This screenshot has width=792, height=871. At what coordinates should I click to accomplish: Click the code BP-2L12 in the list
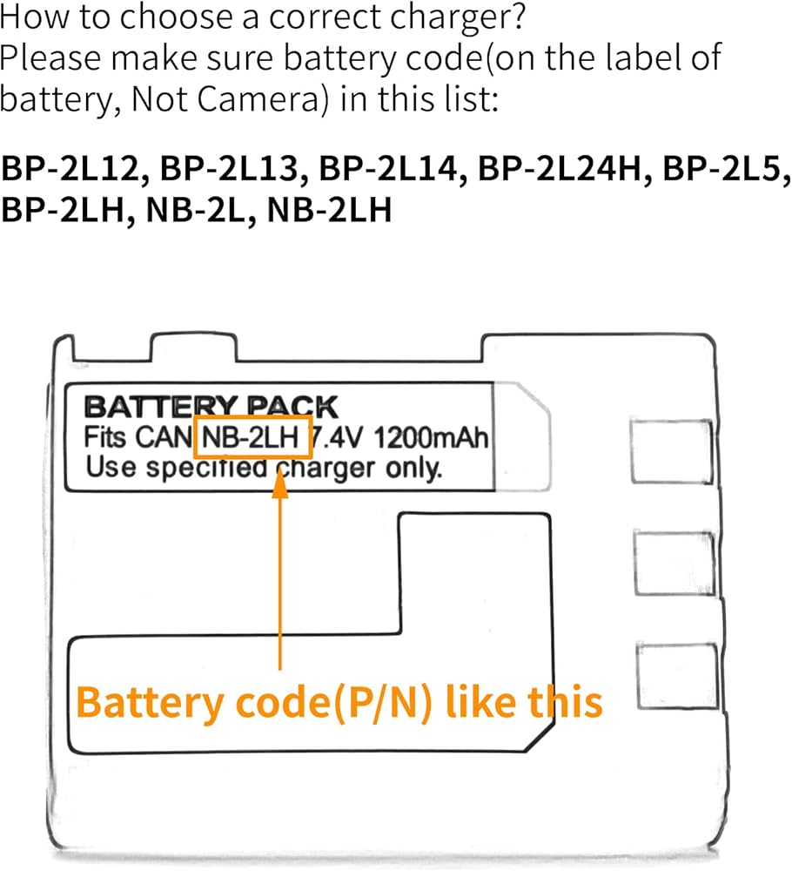(71, 168)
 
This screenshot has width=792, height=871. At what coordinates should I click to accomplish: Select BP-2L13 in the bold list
(230, 168)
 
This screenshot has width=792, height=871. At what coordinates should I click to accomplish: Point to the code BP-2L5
(722, 168)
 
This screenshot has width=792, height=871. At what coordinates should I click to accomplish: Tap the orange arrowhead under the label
(280, 484)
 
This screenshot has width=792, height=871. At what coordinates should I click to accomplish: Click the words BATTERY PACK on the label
(211, 407)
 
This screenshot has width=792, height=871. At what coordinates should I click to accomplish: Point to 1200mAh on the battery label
(431, 437)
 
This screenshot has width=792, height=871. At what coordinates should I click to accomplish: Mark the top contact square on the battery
(672, 451)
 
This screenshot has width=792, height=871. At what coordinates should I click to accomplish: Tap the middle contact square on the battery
(674, 564)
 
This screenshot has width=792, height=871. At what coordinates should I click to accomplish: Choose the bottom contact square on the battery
(677, 676)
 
